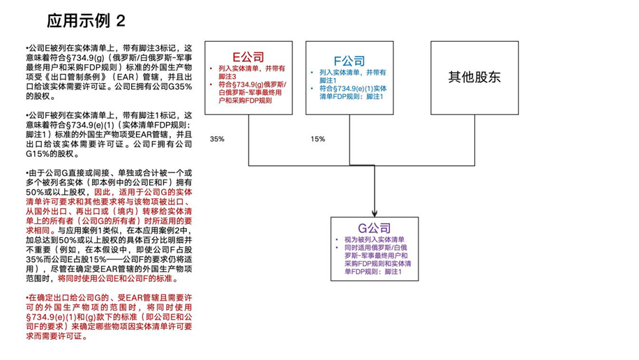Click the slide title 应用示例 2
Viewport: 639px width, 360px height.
85,21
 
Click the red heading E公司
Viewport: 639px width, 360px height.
248,57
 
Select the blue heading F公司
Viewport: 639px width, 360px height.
349,61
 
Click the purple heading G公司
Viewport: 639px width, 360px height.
374,228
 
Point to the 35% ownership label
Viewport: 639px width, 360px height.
217,139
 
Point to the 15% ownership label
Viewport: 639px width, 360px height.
317,139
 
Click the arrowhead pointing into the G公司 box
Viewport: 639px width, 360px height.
375,212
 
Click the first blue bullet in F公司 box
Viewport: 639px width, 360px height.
352,76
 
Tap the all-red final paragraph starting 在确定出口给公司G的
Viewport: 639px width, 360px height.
108,317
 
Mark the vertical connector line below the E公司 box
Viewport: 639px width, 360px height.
250,140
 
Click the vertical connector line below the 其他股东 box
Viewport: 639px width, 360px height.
474,140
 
